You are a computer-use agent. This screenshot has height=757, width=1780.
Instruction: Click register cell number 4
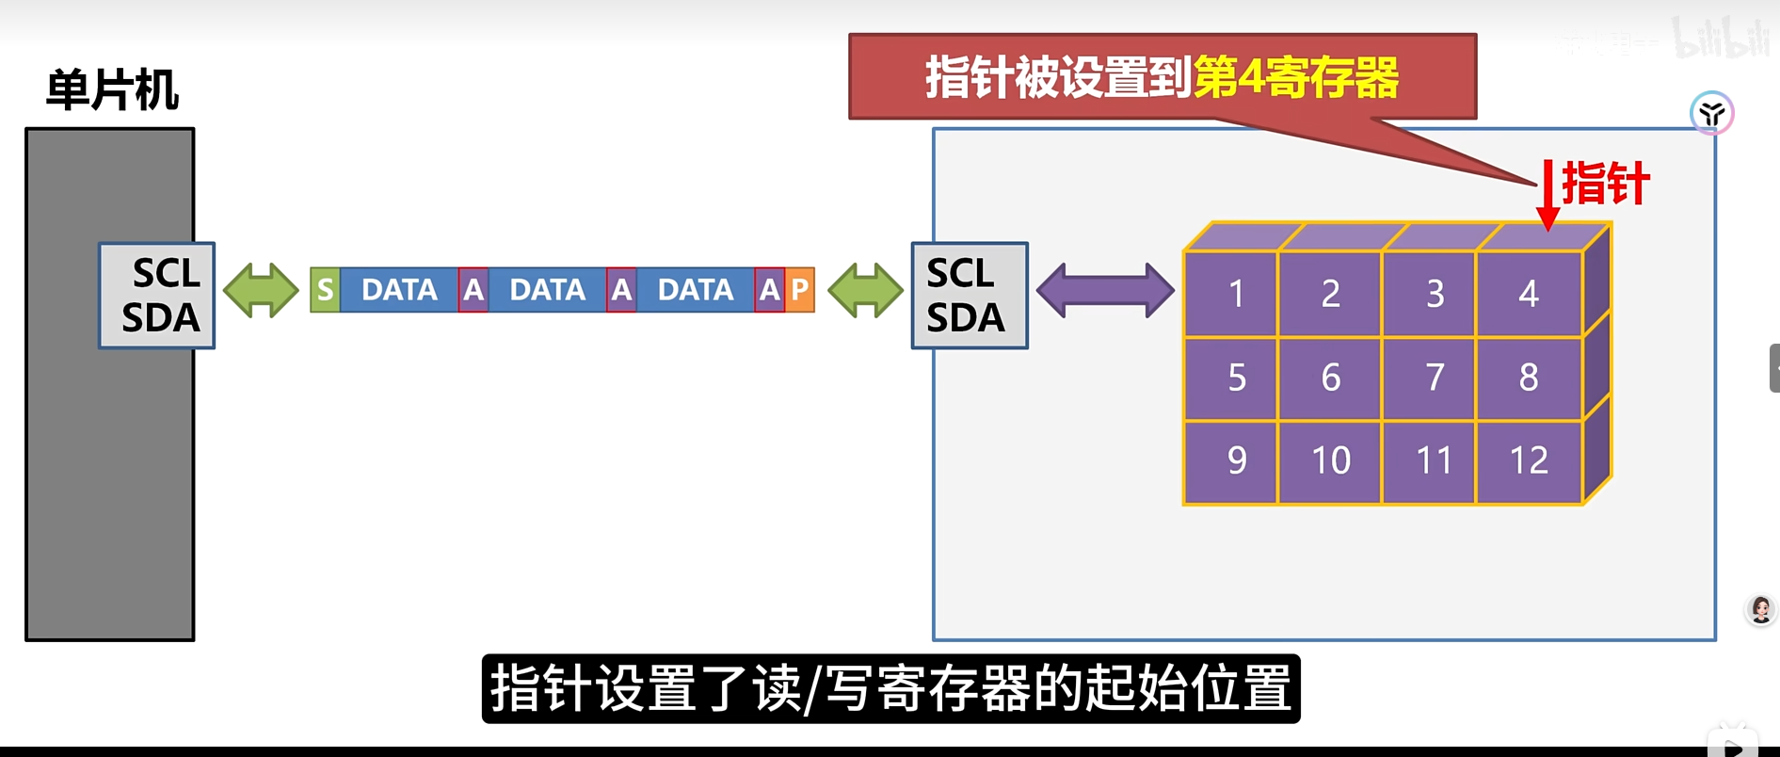[1529, 294]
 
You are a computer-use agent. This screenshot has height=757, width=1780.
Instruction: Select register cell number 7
[1434, 378]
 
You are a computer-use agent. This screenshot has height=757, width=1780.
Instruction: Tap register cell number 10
[1330, 460]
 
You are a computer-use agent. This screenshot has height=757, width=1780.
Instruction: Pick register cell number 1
[1236, 294]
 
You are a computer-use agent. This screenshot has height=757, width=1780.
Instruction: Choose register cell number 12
[1529, 460]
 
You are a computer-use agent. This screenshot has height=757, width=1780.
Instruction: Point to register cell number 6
[1330, 378]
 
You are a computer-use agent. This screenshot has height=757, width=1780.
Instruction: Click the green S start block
[325, 289]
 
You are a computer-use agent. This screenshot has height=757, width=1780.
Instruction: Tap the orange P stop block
[799, 289]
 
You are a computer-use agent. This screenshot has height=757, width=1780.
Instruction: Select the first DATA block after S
[399, 289]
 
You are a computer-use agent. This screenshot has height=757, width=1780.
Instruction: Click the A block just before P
[769, 289]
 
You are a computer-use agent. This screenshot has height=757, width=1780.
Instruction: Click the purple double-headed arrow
[1105, 290]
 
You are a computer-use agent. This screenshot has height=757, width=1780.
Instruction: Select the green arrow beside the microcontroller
[261, 290]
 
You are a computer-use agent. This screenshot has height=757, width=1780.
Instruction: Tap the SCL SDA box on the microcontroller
[157, 296]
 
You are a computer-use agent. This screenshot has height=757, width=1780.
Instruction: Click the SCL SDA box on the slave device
[969, 296]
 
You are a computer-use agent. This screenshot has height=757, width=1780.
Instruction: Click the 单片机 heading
[112, 90]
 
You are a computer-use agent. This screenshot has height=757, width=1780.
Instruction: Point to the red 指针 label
[1605, 183]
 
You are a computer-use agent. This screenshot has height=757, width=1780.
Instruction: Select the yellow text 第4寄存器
[1296, 78]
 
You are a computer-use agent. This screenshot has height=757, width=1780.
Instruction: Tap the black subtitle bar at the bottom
[890, 688]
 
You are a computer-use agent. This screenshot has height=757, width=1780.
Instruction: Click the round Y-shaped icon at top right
[1711, 114]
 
